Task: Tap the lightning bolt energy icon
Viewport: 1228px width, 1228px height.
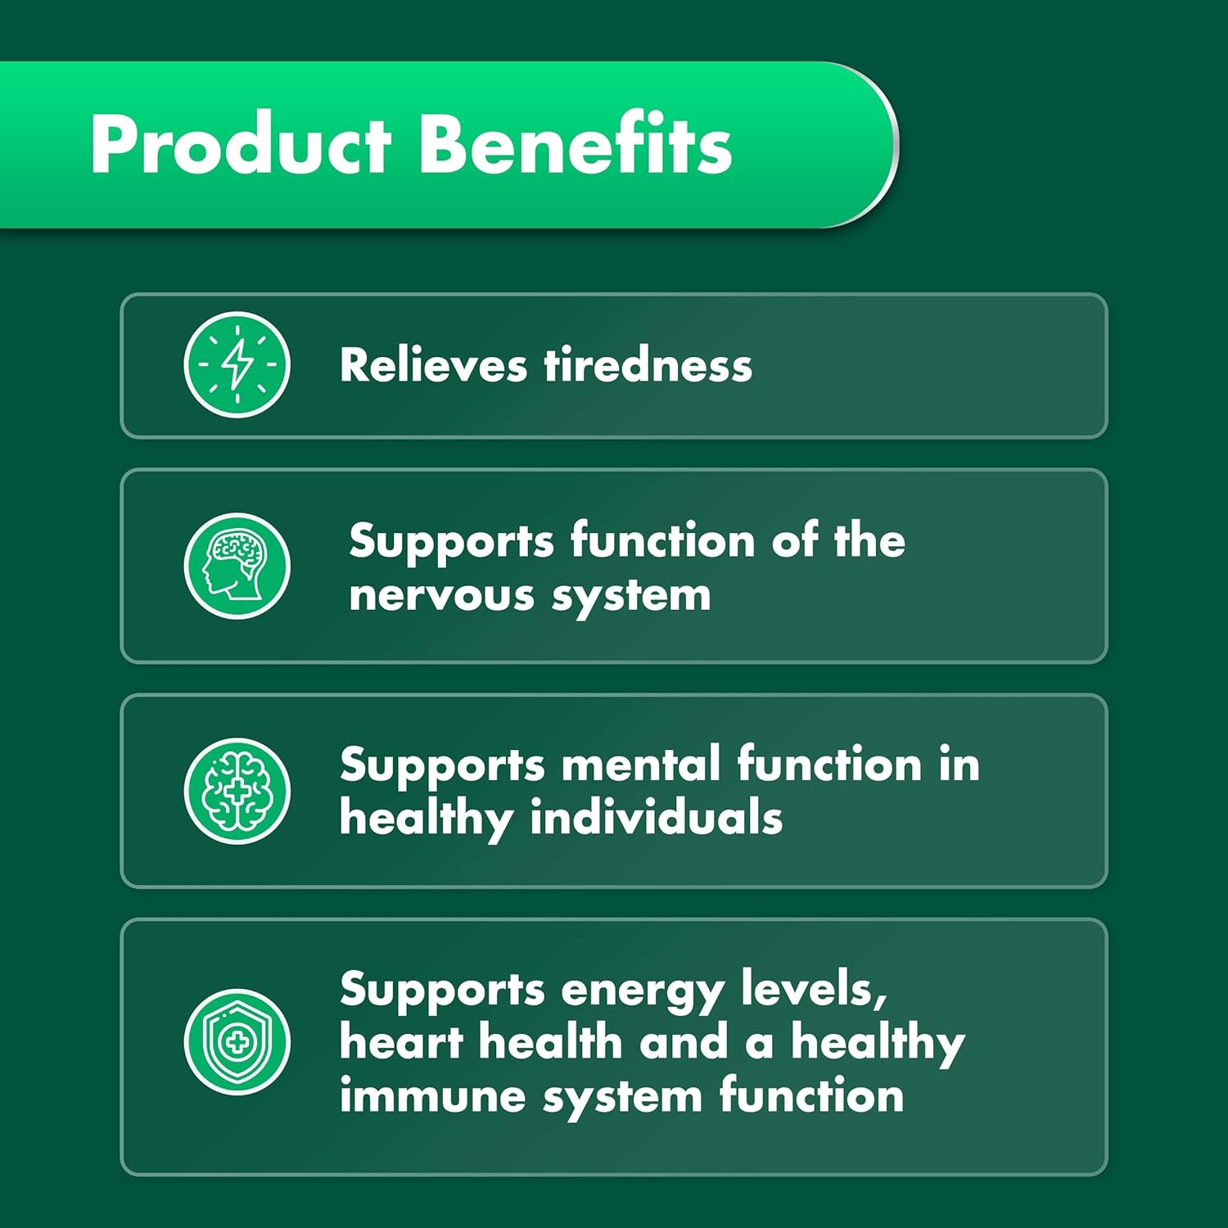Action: (237, 364)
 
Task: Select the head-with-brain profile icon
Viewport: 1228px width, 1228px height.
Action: (237, 566)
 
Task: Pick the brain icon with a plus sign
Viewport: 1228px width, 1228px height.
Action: (237, 791)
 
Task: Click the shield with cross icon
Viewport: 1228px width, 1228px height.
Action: (237, 1041)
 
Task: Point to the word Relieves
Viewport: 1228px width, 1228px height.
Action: (433, 365)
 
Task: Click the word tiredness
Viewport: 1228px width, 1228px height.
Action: (648, 365)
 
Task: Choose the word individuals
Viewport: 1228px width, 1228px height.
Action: (657, 819)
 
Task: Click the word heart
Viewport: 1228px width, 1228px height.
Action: (401, 1043)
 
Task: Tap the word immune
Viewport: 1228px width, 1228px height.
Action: (432, 1096)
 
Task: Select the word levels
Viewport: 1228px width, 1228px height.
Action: (814, 991)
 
